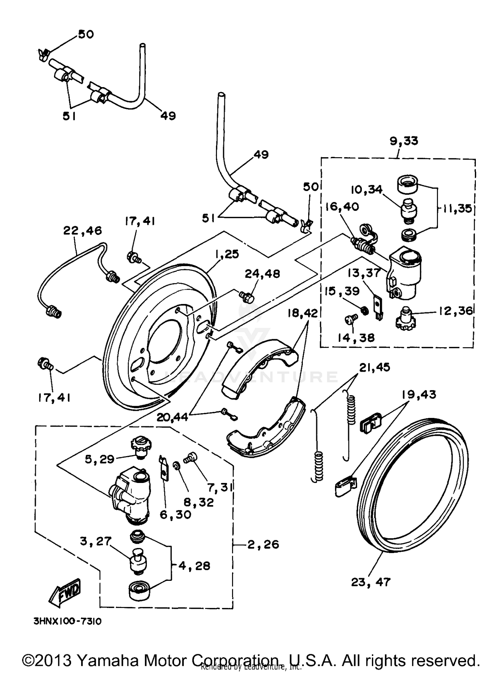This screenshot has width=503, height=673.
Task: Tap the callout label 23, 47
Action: tap(371, 582)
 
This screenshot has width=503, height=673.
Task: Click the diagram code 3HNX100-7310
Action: tap(67, 621)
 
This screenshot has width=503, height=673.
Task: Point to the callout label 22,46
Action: tap(82, 231)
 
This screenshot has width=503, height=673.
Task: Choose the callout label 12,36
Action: tap(455, 311)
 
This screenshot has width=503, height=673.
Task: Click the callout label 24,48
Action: tap(262, 274)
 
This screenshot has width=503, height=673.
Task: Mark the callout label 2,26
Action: tap(263, 544)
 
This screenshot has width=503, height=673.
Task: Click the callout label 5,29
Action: tap(100, 459)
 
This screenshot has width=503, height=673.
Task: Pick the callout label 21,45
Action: tap(375, 367)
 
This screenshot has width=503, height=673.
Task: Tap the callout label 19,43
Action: tap(419, 394)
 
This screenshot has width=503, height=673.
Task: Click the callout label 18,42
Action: tap(302, 313)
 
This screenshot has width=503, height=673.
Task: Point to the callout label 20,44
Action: tap(172, 417)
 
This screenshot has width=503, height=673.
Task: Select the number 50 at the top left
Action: tap(86, 34)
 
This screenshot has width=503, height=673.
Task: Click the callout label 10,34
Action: tap(366, 190)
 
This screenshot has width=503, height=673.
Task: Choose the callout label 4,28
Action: tap(194, 566)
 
